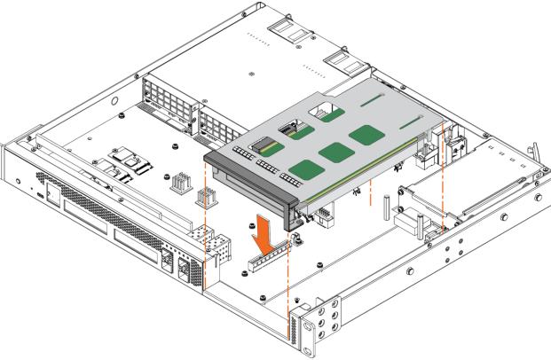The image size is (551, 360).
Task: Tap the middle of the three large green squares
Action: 334,153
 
